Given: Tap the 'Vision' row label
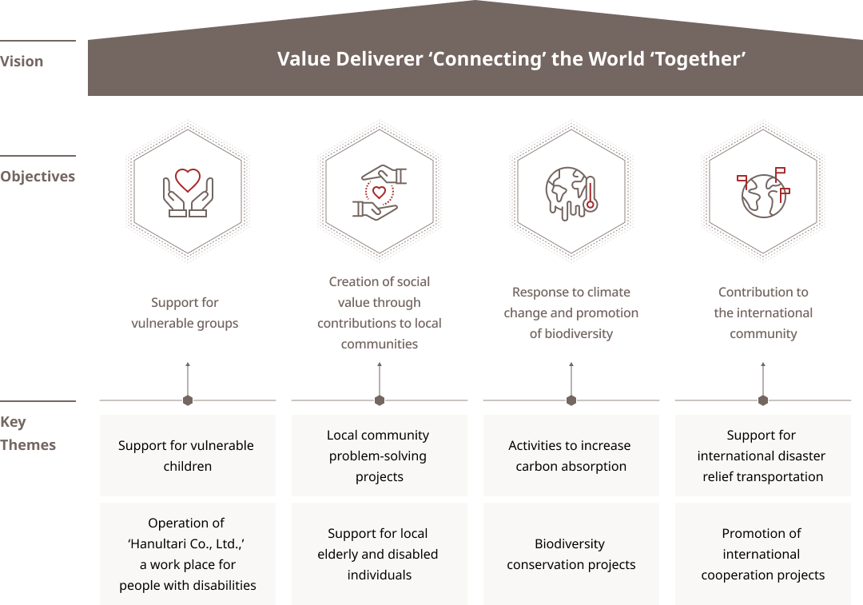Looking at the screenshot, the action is (22, 61).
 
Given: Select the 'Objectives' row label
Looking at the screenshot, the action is (38, 176).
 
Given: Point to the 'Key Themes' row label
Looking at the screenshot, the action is (28, 433).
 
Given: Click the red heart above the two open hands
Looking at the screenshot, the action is (188, 180).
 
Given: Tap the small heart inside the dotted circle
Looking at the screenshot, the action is (380, 192).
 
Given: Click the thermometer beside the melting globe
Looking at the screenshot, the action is (591, 193).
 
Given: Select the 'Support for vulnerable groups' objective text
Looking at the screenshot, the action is (185, 312).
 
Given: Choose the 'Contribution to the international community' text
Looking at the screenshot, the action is (763, 312).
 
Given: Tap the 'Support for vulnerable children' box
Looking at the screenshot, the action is (188, 456).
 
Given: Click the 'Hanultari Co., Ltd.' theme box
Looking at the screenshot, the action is (188, 554).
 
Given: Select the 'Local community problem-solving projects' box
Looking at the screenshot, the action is (380, 456).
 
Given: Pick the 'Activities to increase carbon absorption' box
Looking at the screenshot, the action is (571, 456).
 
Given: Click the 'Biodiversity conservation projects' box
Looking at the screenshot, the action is (571, 554).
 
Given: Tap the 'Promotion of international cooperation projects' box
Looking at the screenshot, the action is (763, 554).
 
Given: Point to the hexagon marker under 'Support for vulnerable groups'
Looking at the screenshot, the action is (188, 400).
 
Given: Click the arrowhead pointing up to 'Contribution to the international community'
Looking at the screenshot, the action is (763, 364).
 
